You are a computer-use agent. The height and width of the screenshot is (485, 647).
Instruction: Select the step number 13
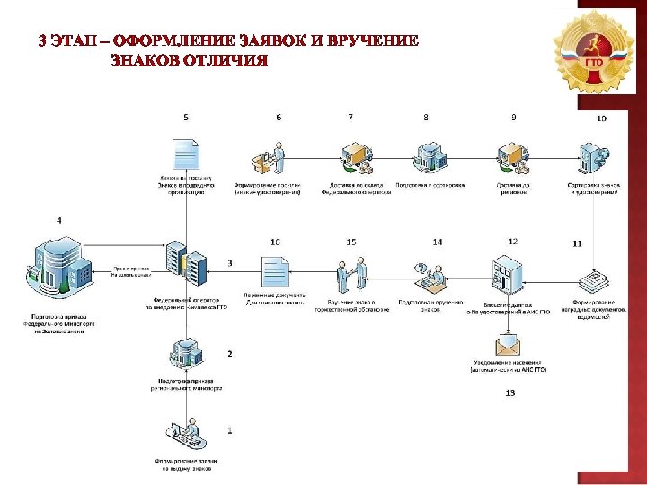tap(510, 392)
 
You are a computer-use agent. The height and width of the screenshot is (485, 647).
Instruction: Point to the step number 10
tap(601, 119)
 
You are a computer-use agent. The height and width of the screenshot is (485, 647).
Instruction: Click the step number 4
tap(59, 220)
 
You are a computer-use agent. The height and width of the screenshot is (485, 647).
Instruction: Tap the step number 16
tap(275, 242)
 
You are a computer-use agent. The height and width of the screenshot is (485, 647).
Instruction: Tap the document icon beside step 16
tap(275, 270)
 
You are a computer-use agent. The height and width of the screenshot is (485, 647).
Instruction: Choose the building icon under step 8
tap(426, 158)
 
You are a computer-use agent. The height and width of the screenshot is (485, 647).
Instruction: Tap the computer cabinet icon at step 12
tap(502, 274)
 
